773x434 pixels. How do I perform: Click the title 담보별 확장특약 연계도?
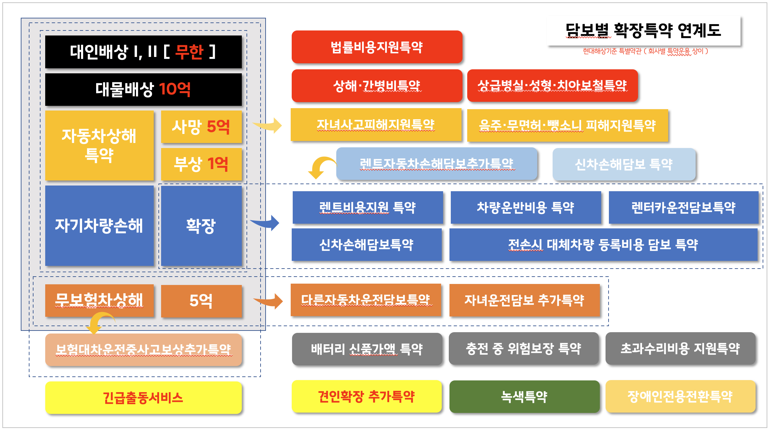pos(643,31)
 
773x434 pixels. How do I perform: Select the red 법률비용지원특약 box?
pos(377,47)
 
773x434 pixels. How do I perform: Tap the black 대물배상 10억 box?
pos(143,89)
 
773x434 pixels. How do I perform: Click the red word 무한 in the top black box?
pos(189,52)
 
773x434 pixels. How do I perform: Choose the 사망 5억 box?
pos(201,127)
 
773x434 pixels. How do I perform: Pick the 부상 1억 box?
pos(201,164)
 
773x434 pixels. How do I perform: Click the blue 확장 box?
pos(201,226)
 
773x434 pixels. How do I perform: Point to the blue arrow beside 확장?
pos(266,223)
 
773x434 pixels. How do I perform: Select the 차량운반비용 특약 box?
pos(525,208)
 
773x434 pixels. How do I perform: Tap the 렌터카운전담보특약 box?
pos(683,208)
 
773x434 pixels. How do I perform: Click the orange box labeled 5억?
pos(201,301)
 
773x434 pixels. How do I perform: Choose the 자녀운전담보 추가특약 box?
pos(524,300)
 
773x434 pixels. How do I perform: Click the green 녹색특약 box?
pos(524,397)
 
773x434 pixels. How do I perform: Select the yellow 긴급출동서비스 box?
pos(143,398)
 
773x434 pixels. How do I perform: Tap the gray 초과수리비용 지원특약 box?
pos(680,349)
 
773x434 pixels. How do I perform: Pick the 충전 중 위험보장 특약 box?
pos(523,349)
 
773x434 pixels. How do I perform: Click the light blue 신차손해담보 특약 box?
pos(624,164)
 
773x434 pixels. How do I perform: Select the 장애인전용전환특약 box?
pos(680,397)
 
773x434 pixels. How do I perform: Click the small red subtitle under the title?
pos(645,51)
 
